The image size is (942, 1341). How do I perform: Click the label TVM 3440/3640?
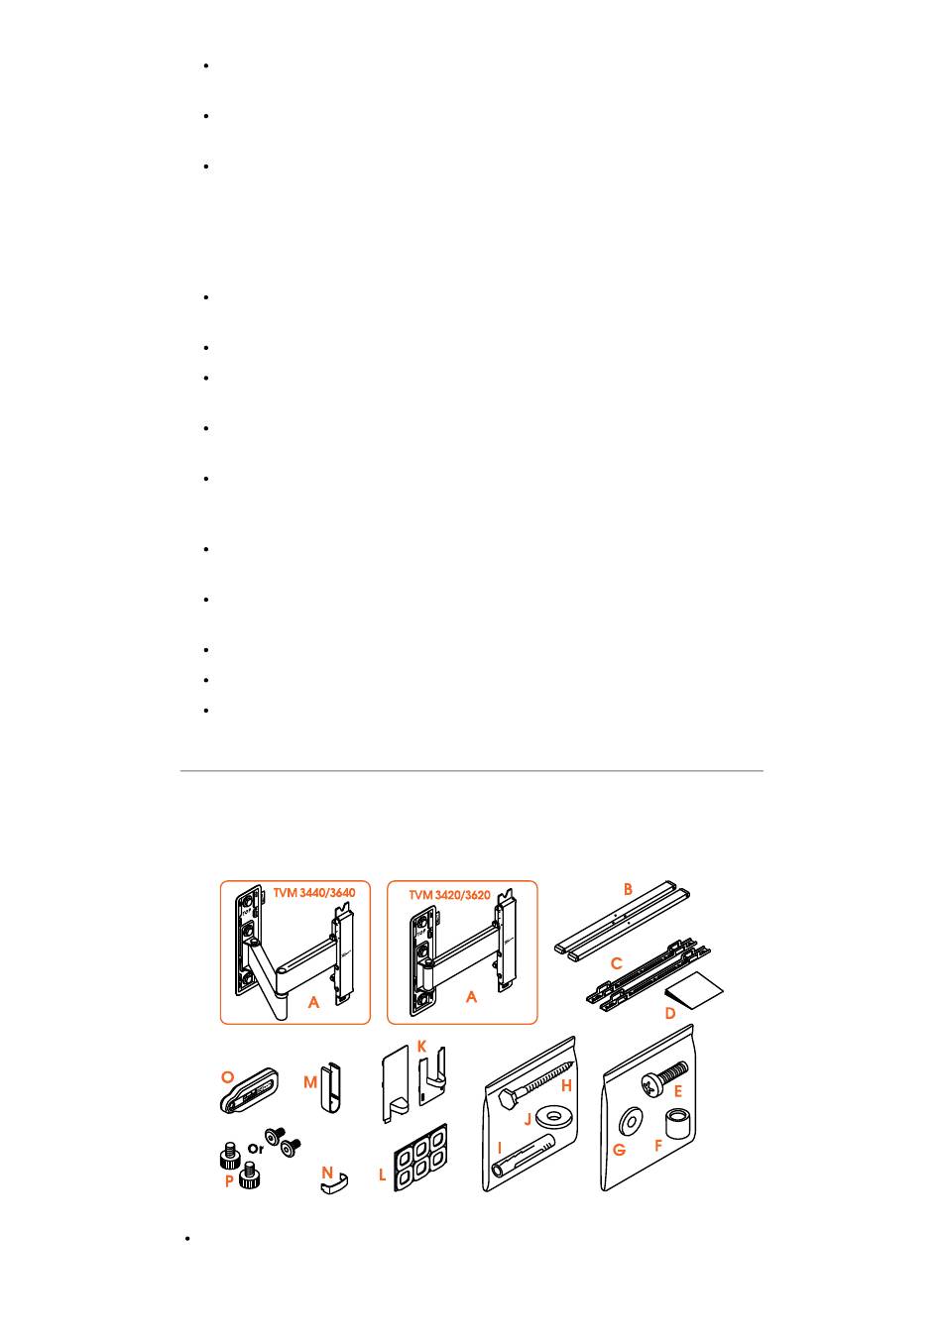pyautogui.click(x=313, y=893)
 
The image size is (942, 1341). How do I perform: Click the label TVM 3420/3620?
pyautogui.click(x=449, y=895)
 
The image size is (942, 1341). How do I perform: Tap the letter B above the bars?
pyautogui.click(x=628, y=889)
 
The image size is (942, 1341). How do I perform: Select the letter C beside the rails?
pyautogui.click(x=616, y=963)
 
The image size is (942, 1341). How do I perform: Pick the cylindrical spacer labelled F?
pyautogui.click(x=678, y=1124)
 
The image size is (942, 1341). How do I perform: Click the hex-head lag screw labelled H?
pyautogui.click(x=535, y=1082)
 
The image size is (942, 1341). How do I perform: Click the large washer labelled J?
pyautogui.click(x=554, y=1115)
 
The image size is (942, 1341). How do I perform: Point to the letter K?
pyautogui.click(x=421, y=1046)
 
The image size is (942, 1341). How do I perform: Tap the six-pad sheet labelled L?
pyautogui.click(x=419, y=1158)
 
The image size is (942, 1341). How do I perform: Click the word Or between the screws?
pyautogui.click(x=256, y=1149)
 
